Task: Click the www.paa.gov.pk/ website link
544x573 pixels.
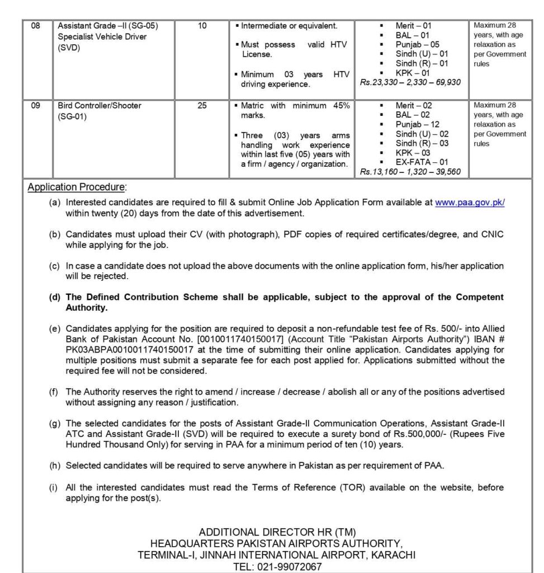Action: point(470,203)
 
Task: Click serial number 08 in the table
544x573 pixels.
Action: point(35,26)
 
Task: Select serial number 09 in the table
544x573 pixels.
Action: point(35,105)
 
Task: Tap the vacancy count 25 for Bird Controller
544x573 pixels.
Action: point(202,105)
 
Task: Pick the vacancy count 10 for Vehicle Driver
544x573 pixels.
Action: point(202,26)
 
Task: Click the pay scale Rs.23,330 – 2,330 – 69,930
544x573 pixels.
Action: point(410,82)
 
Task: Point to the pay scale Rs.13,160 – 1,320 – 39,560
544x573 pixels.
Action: point(410,172)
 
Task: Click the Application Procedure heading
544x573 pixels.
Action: point(77,187)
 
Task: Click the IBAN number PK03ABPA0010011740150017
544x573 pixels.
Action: point(120,350)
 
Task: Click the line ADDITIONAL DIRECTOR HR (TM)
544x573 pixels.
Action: point(277,532)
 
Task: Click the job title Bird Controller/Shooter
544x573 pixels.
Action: point(100,105)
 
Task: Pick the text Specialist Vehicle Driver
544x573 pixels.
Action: point(102,37)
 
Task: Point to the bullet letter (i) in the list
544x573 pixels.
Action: point(54,487)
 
